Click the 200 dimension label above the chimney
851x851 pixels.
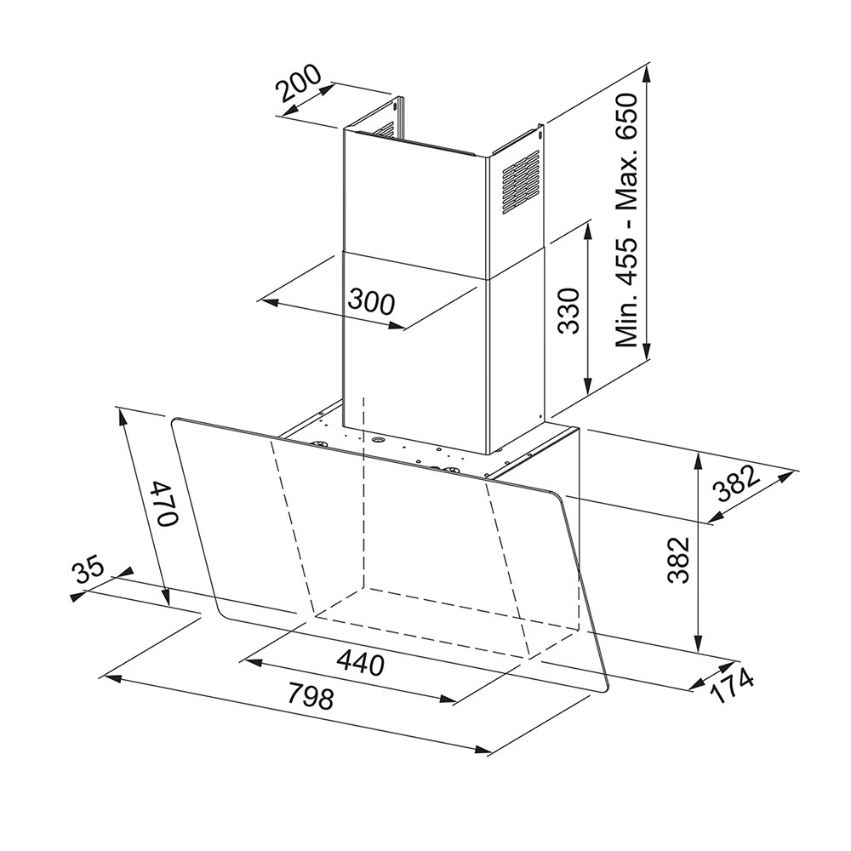point(299,84)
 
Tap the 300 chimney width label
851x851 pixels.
point(372,302)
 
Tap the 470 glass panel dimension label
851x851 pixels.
point(164,503)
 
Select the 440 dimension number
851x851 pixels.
point(360,663)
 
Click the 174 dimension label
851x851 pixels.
point(732,686)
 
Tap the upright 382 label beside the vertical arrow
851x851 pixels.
point(678,560)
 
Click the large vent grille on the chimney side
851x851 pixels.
point(521,182)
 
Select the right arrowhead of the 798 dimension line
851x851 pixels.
point(483,751)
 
